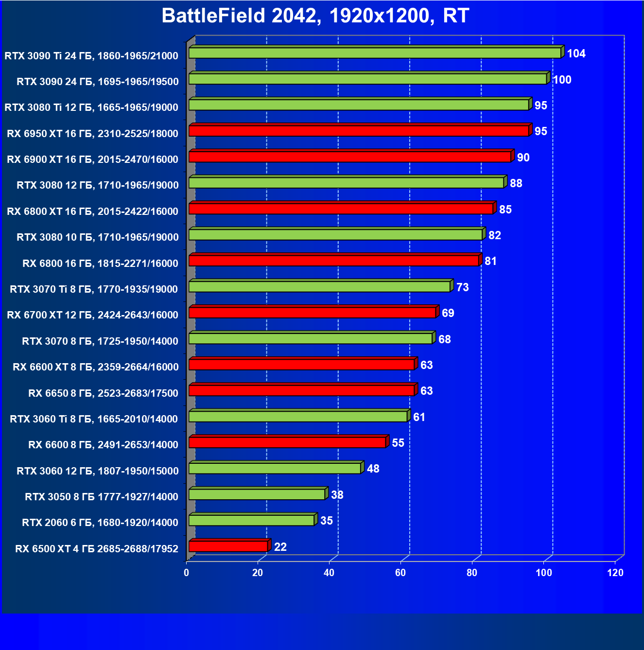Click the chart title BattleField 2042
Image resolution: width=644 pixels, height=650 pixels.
(x=315, y=16)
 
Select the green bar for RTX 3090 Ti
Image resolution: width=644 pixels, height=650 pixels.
(x=374, y=53)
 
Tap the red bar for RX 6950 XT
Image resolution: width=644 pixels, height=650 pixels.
(x=359, y=131)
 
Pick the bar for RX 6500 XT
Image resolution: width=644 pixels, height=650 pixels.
(x=228, y=546)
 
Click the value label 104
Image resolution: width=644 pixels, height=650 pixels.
(x=576, y=53)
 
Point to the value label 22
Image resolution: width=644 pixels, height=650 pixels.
(x=280, y=547)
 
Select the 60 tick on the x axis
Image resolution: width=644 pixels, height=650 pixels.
(x=400, y=573)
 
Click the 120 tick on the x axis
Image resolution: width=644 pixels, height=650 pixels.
(x=615, y=573)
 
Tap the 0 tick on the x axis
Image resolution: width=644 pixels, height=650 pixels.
(x=187, y=573)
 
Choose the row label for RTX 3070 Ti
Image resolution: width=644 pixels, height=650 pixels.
(x=94, y=289)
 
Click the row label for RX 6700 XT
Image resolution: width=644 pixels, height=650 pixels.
(x=92, y=315)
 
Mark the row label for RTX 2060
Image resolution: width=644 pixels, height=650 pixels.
(x=100, y=523)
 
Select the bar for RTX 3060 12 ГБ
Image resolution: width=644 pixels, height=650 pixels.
(x=275, y=468)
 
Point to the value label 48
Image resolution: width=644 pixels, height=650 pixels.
(x=373, y=469)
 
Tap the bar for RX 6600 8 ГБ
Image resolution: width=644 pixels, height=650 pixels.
(x=287, y=442)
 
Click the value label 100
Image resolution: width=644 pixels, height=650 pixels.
(x=562, y=80)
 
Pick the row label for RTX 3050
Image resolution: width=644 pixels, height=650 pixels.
(x=102, y=497)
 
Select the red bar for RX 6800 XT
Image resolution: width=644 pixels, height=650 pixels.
(x=341, y=209)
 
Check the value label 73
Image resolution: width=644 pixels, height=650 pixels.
(x=463, y=287)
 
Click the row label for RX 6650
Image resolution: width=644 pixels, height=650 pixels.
(x=103, y=393)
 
